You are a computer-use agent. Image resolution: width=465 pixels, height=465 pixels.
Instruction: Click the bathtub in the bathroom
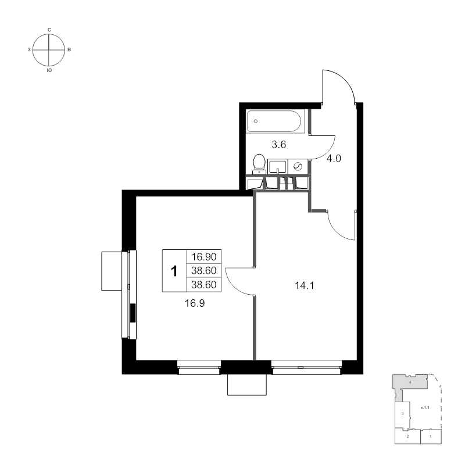[x=274, y=121]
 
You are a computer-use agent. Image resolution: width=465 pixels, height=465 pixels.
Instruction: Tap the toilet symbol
[x=259, y=164]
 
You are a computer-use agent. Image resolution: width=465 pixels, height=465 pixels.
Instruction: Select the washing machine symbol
[x=298, y=167]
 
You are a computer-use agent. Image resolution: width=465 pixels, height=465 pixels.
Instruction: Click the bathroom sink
[x=278, y=167]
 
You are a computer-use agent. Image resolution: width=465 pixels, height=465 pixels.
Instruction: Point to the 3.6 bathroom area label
[x=279, y=145]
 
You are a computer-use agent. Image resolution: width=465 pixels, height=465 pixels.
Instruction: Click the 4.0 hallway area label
[x=334, y=159]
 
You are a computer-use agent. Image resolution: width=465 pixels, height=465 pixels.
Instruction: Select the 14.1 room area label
[x=304, y=285]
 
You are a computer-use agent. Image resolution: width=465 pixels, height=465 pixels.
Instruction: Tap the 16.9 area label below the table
[x=195, y=303]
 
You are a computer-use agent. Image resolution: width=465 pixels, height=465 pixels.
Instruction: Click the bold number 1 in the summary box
[x=174, y=271]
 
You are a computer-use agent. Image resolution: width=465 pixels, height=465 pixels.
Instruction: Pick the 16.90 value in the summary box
[x=204, y=256]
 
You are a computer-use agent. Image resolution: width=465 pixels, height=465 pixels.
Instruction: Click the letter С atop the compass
[x=49, y=30]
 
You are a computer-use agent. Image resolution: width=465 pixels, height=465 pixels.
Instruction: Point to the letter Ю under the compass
[x=49, y=70]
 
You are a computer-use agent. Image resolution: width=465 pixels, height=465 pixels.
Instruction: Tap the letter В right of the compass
[x=69, y=50]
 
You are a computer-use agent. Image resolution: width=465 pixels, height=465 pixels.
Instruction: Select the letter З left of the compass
[x=29, y=50]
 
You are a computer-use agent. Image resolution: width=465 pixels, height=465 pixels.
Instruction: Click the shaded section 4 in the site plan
[x=410, y=382]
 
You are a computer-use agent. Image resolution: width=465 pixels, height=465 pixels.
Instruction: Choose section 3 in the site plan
[x=402, y=413]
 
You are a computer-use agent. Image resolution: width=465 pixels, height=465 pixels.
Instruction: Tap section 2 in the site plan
[x=408, y=437]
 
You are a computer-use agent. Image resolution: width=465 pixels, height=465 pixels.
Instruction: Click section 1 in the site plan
[x=431, y=437]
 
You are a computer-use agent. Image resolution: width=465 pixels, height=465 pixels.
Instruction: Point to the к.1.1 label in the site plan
[x=425, y=408]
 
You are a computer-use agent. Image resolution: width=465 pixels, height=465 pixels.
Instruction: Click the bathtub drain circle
[x=256, y=121]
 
